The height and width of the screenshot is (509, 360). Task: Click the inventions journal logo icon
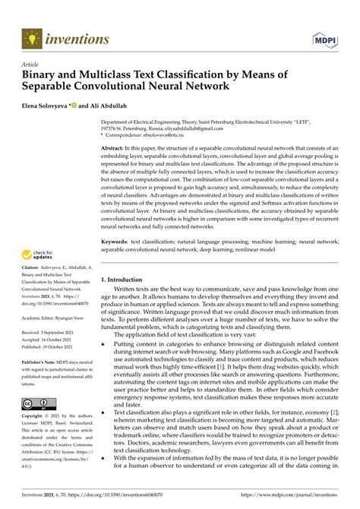31,36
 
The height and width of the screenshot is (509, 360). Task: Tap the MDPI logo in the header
325,37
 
